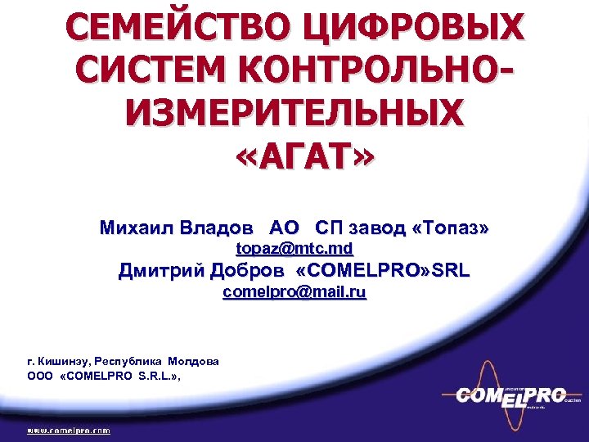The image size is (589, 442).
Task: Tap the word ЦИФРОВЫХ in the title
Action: click(413, 29)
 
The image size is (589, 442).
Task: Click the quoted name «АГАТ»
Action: click(294, 153)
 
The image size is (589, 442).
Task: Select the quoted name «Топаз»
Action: click(452, 228)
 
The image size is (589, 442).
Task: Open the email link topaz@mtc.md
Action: click(294, 248)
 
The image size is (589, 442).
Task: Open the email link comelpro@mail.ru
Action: click(294, 291)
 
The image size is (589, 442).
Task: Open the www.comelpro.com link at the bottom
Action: click(69, 429)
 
